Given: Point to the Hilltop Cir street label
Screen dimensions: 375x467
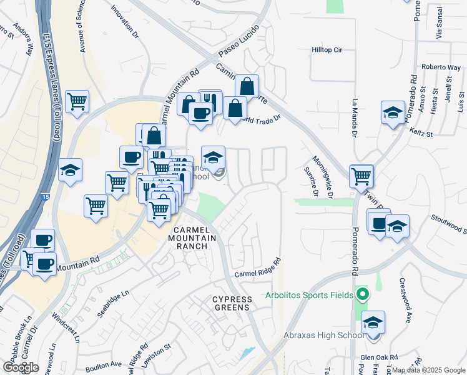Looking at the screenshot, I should point(327,49).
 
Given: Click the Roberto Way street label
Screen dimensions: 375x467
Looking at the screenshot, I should point(441,67).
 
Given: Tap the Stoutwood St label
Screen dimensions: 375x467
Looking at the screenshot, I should point(449,224).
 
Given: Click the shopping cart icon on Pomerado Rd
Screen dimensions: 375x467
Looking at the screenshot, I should point(361,176).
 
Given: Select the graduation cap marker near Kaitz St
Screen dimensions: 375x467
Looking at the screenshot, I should point(393,113).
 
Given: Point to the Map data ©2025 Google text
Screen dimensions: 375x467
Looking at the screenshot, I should point(428,370).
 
